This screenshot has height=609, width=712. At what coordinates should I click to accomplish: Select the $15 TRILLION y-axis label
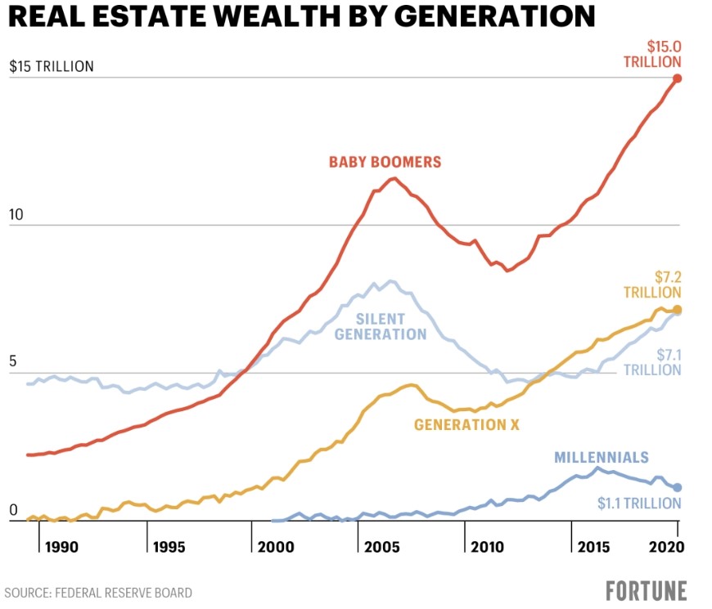click(x=52, y=66)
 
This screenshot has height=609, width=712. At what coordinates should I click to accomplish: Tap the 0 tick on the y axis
click(x=12, y=510)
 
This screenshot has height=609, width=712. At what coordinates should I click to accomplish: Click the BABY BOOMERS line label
click(x=385, y=162)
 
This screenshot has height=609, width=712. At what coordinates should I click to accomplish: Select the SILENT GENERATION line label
click(x=381, y=326)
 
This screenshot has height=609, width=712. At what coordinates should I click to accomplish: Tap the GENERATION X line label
click(x=466, y=425)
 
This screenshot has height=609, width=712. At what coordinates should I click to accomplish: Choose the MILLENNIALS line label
click(x=602, y=458)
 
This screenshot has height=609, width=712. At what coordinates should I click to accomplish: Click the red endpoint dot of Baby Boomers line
click(x=677, y=78)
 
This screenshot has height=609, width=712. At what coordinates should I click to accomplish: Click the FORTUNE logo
click(x=647, y=590)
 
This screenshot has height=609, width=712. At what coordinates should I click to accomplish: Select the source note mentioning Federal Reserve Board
click(x=99, y=593)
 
